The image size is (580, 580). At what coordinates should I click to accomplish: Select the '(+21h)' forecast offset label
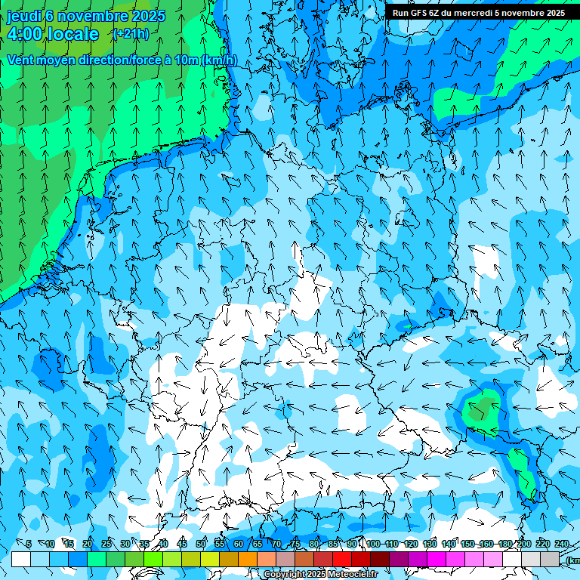pos(131,34)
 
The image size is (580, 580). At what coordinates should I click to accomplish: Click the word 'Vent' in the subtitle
pos(21,60)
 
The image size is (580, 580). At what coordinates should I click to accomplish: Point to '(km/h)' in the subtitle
pos(219,60)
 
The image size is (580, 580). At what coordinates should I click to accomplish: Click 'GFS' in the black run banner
pos(418,13)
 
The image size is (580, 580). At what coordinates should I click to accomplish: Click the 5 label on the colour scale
pos(29,544)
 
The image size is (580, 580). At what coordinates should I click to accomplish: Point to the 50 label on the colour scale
pos(201,544)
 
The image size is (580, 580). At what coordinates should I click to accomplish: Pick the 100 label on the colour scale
pos(373,544)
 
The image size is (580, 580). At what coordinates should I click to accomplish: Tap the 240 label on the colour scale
pos(562,544)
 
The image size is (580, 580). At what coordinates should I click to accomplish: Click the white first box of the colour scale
pos(21,559)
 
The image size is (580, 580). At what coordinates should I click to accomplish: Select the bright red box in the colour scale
pos(342,559)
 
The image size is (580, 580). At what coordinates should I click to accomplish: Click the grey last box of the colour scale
pos(550,559)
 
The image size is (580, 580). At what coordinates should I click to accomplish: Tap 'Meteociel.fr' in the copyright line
pos(352,575)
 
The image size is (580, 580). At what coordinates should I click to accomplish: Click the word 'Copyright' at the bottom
pos(284,575)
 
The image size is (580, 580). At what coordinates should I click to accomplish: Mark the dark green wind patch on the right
pos(481,410)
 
